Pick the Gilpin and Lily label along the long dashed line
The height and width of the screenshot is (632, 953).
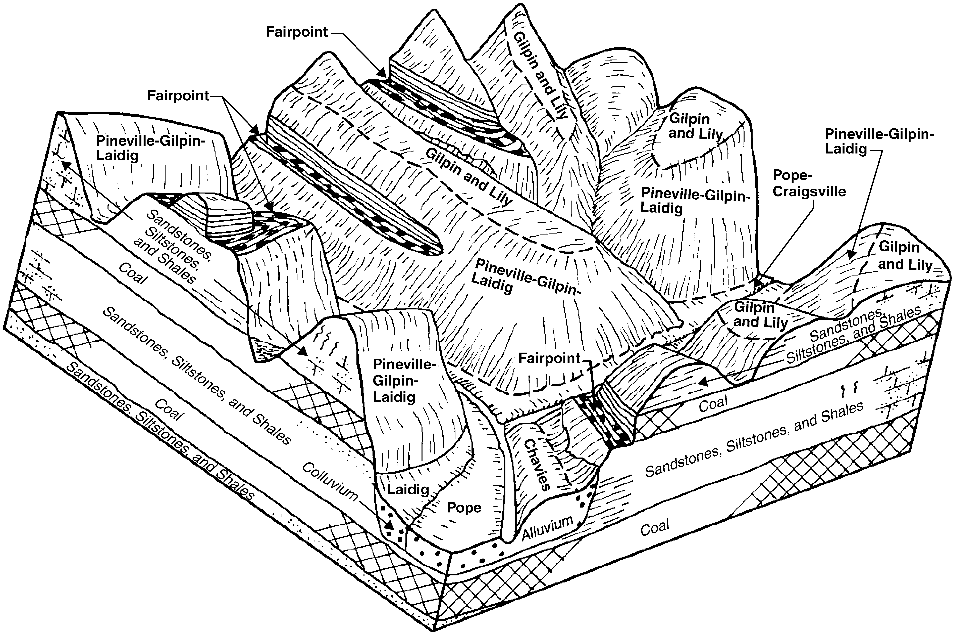[469, 177]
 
